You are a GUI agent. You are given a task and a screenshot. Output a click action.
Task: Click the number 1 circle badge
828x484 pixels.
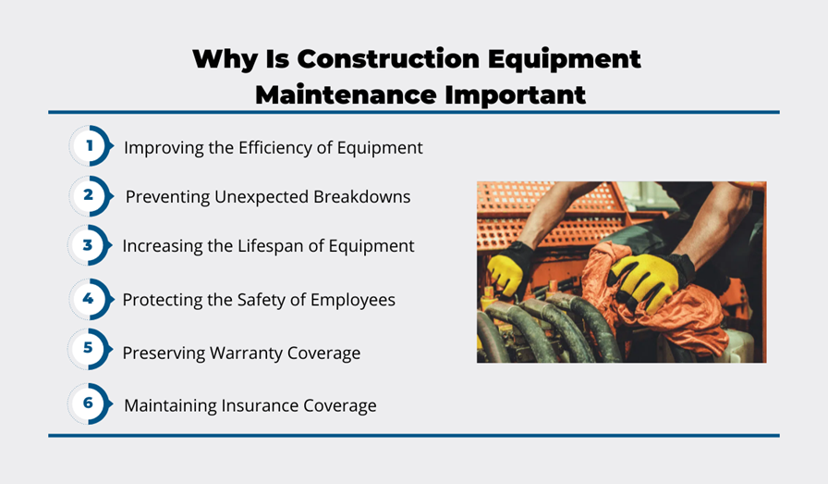(x=91, y=145)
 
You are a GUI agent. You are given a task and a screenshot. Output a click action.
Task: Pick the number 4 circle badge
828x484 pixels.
(x=91, y=299)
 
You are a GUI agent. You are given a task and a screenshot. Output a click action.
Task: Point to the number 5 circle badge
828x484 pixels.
(x=90, y=349)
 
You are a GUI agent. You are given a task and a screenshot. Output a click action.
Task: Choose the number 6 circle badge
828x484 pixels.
(x=90, y=403)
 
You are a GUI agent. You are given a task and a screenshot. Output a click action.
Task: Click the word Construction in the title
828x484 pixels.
(x=388, y=58)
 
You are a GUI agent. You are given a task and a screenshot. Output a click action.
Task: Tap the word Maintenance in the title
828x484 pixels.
(x=346, y=95)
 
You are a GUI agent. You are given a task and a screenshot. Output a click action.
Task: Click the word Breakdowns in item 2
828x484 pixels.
(x=361, y=197)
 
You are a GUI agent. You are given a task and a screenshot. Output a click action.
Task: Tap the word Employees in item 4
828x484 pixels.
(x=353, y=301)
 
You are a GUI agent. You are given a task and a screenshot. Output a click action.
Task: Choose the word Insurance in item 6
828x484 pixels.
(x=260, y=405)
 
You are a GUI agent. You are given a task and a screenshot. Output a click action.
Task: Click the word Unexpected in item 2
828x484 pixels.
(x=262, y=197)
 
